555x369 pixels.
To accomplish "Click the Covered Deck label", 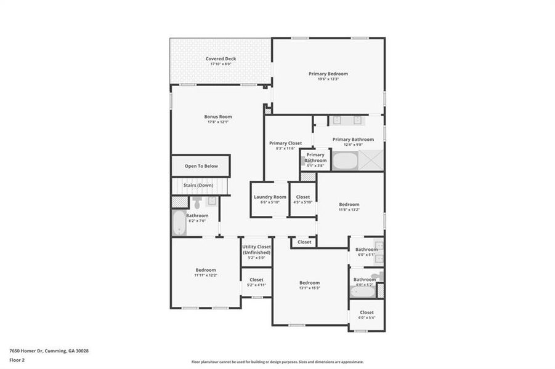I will point(221,59).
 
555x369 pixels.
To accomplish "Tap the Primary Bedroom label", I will point(328,74).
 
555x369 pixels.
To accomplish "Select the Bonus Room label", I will point(218,117).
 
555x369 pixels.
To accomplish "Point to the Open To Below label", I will point(201,166).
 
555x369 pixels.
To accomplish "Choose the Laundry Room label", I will point(270,197).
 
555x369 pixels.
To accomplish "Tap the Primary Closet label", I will point(286,143).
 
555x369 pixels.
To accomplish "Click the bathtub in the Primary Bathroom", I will point(345,162).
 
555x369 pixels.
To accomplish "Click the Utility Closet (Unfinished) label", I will point(256,249).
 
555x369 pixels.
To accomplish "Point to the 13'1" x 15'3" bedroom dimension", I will point(309,288).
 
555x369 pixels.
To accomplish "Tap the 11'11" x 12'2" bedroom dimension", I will point(206,275).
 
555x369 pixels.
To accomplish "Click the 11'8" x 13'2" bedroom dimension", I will point(349,210).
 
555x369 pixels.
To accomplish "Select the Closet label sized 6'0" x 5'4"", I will point(367,312).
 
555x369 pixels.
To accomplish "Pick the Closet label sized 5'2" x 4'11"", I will point(256,280).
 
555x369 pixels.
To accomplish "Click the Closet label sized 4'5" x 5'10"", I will point(303,197).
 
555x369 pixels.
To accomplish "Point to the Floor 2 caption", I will point(17,360).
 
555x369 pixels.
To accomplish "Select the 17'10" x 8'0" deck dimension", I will point(221,64).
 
